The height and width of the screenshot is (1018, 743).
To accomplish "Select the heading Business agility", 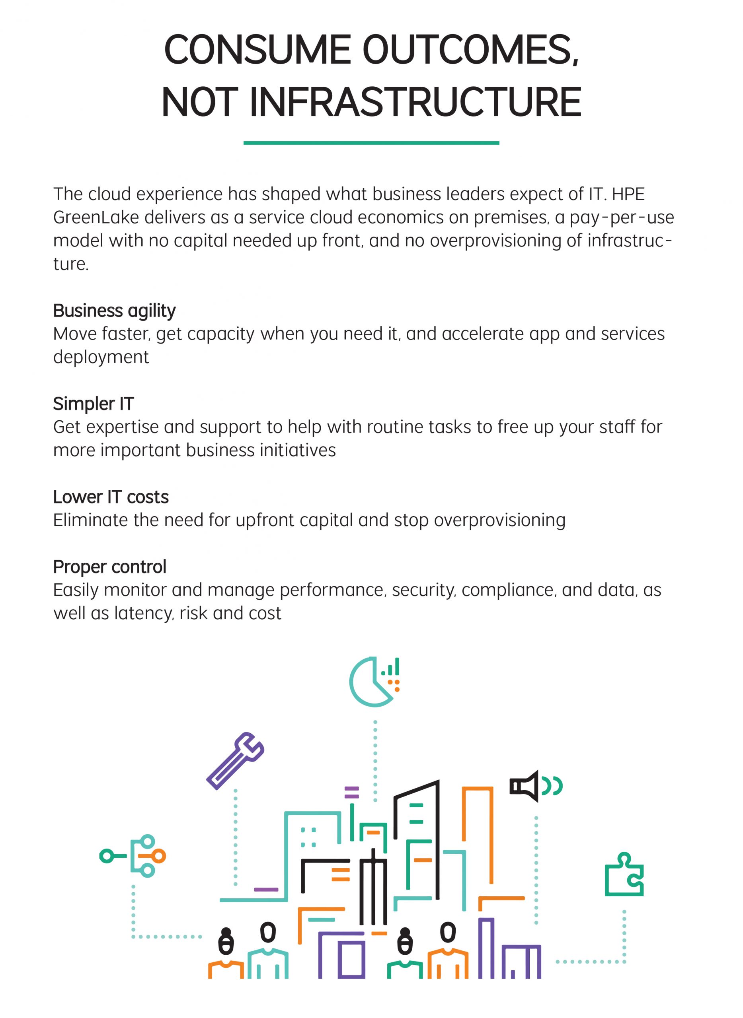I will pyautogui.click(x=114, y=311).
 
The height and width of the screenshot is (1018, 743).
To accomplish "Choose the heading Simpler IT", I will pyautogui.click(x=93, y=404).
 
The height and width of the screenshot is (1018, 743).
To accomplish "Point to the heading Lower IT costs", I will pyautogui.click(x=111, y=497).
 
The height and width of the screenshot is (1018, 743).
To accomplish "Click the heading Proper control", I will pyautogui.click(x=109, y=567).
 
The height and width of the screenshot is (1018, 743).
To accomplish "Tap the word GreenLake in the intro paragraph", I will pyautogui.click(x=96, y=218).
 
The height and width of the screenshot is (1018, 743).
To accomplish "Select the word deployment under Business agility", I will pyautogui.click(x=101, y=357).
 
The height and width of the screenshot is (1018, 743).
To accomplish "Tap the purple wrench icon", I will pyautogui.click(x=235, y=761).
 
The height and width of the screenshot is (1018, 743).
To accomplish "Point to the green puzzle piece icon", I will pyautogui.click(x=624, y=875).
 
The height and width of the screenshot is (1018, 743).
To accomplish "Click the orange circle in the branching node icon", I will pyautogui.click(x=159, y=856).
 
